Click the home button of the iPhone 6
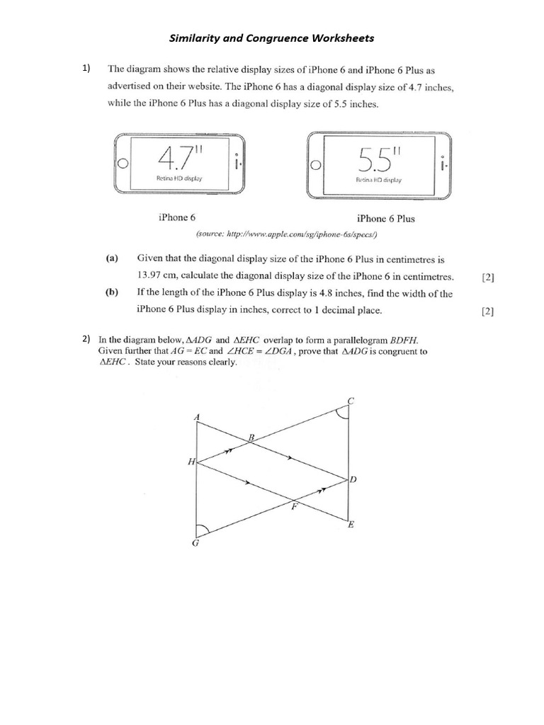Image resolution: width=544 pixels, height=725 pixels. [123, 163]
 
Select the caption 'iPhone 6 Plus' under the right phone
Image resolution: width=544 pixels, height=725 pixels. [386, 219]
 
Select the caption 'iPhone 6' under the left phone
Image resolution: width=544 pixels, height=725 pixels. [178, 218]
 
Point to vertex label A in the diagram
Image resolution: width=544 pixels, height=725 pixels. [196, 416]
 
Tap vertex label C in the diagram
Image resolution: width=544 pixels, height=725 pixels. [350, 401]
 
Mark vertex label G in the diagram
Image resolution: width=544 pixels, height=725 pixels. [195, 543]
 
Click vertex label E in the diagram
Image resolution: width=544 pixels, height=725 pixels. [351, 525]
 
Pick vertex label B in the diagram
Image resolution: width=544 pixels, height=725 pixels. [250, 438]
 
